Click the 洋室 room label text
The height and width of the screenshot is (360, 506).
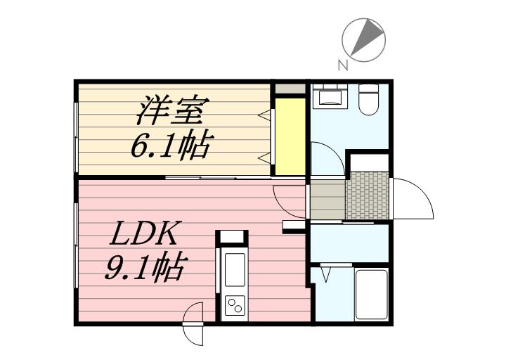coord(173,110)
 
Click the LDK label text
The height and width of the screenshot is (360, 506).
coord(143,233)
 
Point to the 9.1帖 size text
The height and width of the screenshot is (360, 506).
coord(146,266)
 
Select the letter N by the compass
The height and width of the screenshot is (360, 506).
coord(343,65)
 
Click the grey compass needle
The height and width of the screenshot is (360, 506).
coord(368,37)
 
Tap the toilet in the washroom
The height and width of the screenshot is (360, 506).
coord(368,99)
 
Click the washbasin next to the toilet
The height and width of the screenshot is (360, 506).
coord(330,96)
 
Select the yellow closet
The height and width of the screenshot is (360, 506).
coord(290,136)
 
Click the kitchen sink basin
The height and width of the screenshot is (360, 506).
coord(235,269)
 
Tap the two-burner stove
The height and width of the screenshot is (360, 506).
coord(235,305)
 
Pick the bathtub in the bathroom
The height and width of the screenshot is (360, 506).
coord(372,294)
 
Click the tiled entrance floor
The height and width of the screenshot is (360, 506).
coord(368,195)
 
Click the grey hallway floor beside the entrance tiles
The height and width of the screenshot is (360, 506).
coord(327,199)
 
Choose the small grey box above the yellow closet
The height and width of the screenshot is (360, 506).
coord(290,89)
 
